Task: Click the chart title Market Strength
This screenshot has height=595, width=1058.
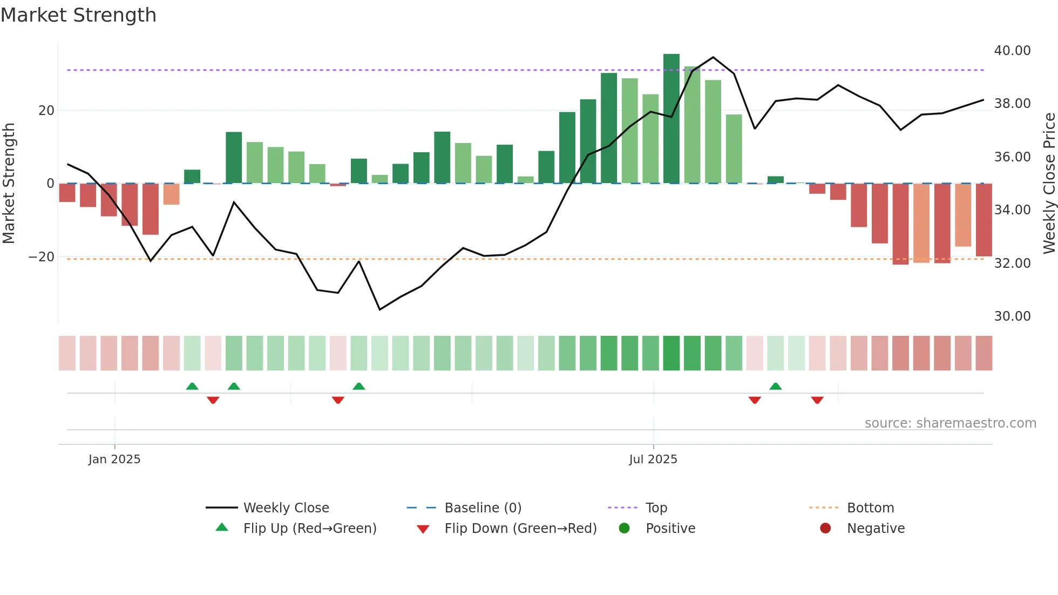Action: pyautogui.click(x=78, y=15)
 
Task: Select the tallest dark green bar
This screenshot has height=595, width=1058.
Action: pyautogui.click(x=671, y=119)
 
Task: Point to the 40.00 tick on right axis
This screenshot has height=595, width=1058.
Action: pyautogui.click(x=1012, y=51)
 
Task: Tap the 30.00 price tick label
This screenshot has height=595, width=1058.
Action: pyautogui.click(x=1012, y=316)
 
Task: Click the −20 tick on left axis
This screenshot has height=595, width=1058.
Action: pyautogui.click(x=42, y=257)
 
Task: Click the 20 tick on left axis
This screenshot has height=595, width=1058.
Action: pyautogui.click(x=46, y=111)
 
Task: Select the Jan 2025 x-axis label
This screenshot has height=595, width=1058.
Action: pyautogui.click(x=114, y=459)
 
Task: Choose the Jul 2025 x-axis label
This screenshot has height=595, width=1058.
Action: pyautogui.click(x=653, y=459)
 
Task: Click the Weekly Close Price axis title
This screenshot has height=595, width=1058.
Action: pyautogui.click(x=1049, y=184)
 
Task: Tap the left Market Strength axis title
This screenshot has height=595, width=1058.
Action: pyautogui.click(x=9, y=184)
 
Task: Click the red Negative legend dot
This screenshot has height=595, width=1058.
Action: pyautogui.click(x=825, y=529)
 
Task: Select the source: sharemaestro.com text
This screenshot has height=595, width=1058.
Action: pyautogui.click(x=950, y=423)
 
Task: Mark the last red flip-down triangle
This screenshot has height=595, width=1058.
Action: pyautogui.click(x=817, y=400)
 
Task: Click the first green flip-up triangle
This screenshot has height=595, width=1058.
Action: pyautogui.click(x=192, y=386)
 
